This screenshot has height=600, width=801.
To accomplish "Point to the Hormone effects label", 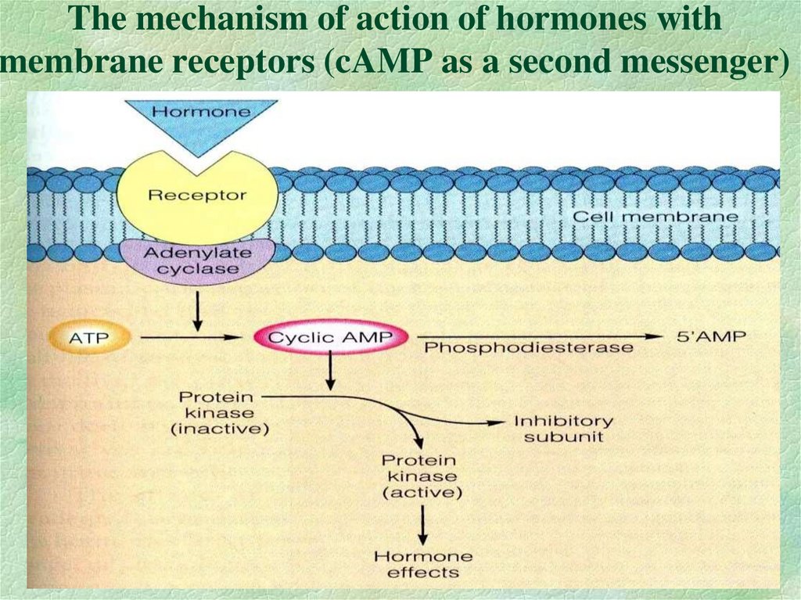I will tap(423, 564).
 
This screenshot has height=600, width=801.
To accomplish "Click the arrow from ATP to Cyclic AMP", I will tap(188, 339).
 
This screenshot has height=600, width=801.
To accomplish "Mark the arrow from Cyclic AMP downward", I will tap(331, 372).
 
